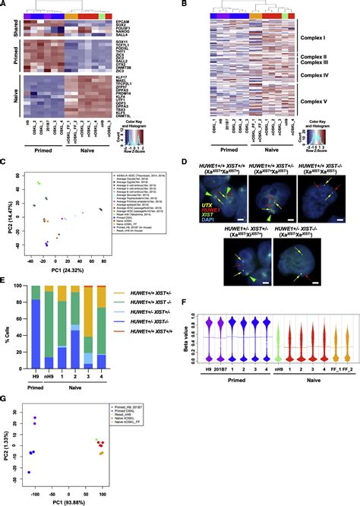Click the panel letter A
pos(5,5)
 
